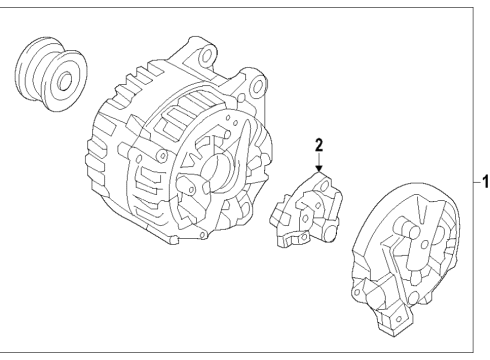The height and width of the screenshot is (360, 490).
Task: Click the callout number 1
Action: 484,182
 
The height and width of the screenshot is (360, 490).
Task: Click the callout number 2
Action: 318,146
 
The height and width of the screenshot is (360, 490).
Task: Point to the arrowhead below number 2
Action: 318,170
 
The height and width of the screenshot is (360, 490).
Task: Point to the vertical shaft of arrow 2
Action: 318,160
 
